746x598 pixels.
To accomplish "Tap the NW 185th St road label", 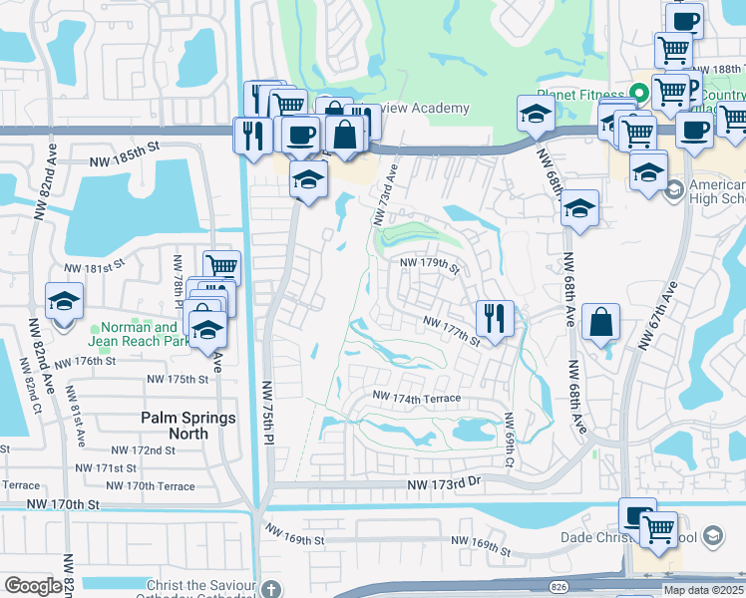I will (x=124, y=146).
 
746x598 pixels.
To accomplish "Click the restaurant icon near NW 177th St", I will (x=495, y=319).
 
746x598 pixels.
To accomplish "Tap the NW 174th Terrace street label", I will (x=417, y=398).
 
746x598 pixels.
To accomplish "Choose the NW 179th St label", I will (x=429, y=264).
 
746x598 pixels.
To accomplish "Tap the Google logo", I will (x=33, y=586).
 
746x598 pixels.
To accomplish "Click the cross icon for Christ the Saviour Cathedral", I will (x=268, y=587).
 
